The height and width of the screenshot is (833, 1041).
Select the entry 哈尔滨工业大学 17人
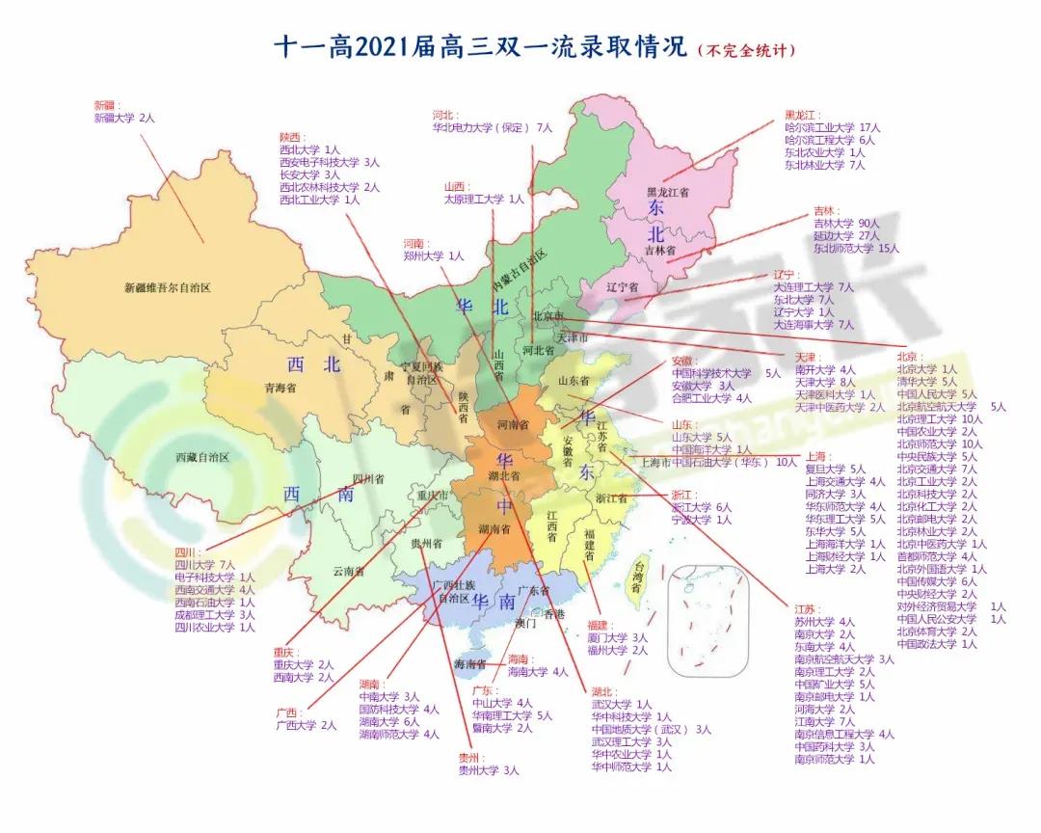point(833,127)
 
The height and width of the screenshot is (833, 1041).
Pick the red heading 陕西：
point(292,137)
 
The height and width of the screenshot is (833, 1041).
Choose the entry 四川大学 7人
point(205,564)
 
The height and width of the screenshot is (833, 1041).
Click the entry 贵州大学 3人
point(489,770)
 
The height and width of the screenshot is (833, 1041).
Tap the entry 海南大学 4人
point(538,671)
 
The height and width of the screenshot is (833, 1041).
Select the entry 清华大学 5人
point(926,382)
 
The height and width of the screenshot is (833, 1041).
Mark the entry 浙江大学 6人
point(702,507)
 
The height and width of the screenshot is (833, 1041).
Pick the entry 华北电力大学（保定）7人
point(493,126)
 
